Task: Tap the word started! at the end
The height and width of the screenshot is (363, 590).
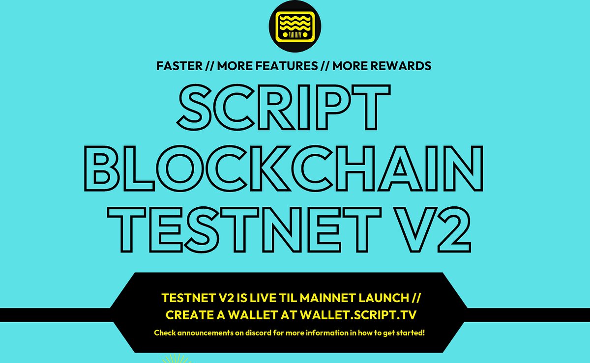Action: (x=411, y=333)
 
